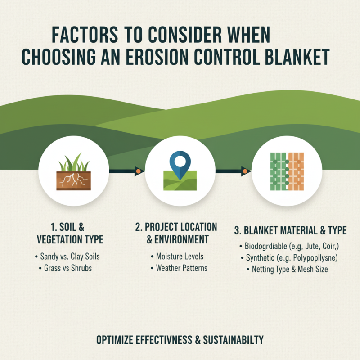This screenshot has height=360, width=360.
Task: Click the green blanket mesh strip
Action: [278, 171]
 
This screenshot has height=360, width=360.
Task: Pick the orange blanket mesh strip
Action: [296, 171]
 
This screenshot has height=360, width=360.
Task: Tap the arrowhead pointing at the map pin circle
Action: [138, 171]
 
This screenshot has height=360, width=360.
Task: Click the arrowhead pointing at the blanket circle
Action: [244, 171]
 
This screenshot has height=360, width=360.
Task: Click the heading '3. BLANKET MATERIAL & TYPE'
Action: [290, 231]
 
